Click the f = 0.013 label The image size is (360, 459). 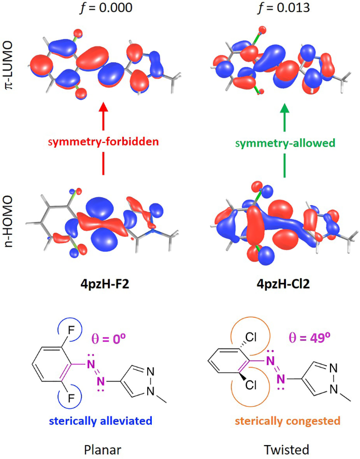click(x=284, y=8)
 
